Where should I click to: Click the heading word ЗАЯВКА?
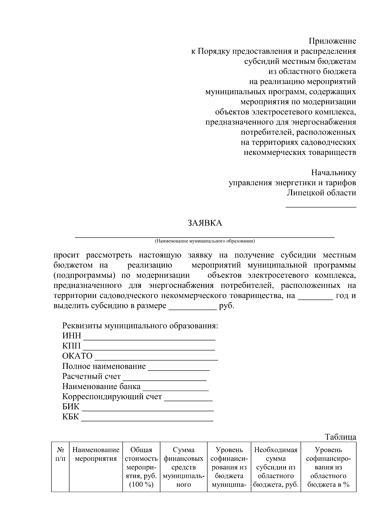point(205,223)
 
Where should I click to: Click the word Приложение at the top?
point(332,41)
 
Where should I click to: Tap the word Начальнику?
point(333,173)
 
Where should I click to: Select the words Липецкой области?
point(321,193)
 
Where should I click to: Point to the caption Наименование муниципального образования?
point(205,241)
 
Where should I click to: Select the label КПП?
point(71,346)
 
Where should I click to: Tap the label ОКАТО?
point(77,356)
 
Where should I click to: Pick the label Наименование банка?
point(101,387)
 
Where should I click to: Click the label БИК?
point(71,407)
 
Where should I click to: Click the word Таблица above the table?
point(340,437)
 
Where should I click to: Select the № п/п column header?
point(60,454)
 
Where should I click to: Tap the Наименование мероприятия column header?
point(96,454)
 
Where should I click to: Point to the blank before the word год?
point(315,298)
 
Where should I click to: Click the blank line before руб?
point(192,309)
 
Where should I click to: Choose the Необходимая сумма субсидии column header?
point(276,467)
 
